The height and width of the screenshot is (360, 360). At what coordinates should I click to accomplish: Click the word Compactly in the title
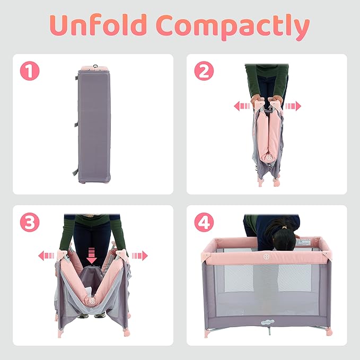(233, 27)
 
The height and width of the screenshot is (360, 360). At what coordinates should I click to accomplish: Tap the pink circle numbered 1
(30, 71)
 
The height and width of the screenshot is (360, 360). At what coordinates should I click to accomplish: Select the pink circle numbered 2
(204, 71)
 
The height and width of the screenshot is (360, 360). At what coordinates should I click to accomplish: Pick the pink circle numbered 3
(30, 222)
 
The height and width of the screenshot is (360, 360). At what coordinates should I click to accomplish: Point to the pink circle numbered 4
(204, 222)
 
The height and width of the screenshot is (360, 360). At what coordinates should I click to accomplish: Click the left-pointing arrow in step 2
(242, 106)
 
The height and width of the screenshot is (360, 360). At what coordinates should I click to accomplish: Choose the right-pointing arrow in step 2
(293, 106)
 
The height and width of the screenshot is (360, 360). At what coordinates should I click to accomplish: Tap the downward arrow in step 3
(92, 256)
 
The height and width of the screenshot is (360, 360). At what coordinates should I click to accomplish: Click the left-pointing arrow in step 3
(46, 256)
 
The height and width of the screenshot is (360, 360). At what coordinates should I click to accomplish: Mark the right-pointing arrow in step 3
(140, 256)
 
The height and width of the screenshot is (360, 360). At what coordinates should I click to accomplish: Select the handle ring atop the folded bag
(95, 67)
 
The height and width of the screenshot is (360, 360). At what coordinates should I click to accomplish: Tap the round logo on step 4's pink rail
(266, 257)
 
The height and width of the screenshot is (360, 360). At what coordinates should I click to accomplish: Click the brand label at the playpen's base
(268, 322)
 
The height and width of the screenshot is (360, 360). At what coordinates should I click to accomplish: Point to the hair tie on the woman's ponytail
(285, 227)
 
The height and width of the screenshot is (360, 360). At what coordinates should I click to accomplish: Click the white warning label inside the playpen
(303, 242)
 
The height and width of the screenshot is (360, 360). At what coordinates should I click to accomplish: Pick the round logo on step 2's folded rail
(269, 157)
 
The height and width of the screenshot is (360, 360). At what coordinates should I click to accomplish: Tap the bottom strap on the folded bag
(75, 172)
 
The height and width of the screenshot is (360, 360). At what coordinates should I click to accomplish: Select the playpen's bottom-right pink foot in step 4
(329, 332)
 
